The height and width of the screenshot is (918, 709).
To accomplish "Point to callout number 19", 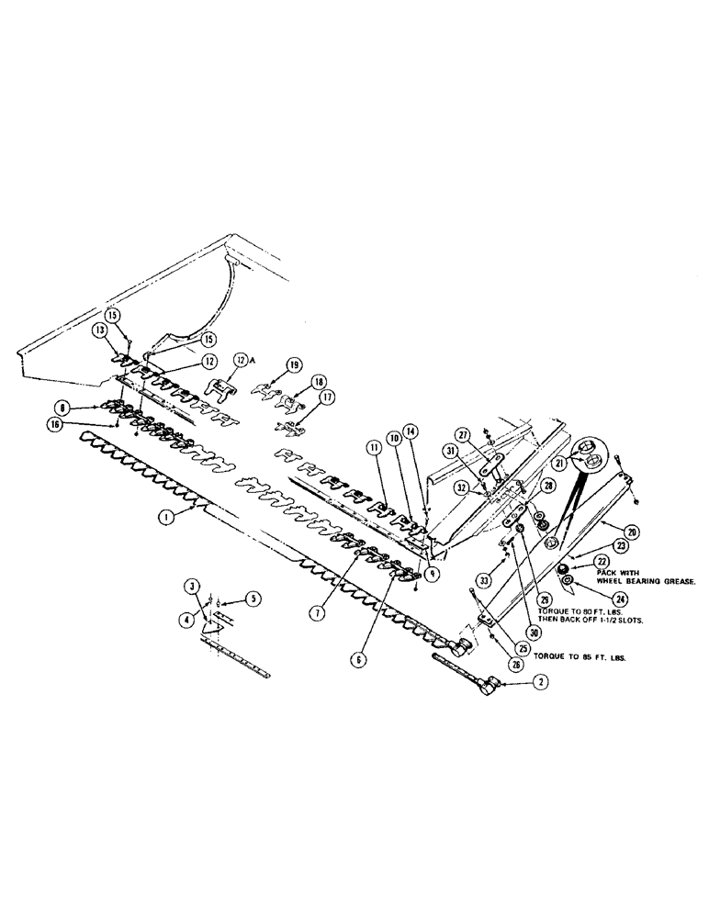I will tap(293, 364).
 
